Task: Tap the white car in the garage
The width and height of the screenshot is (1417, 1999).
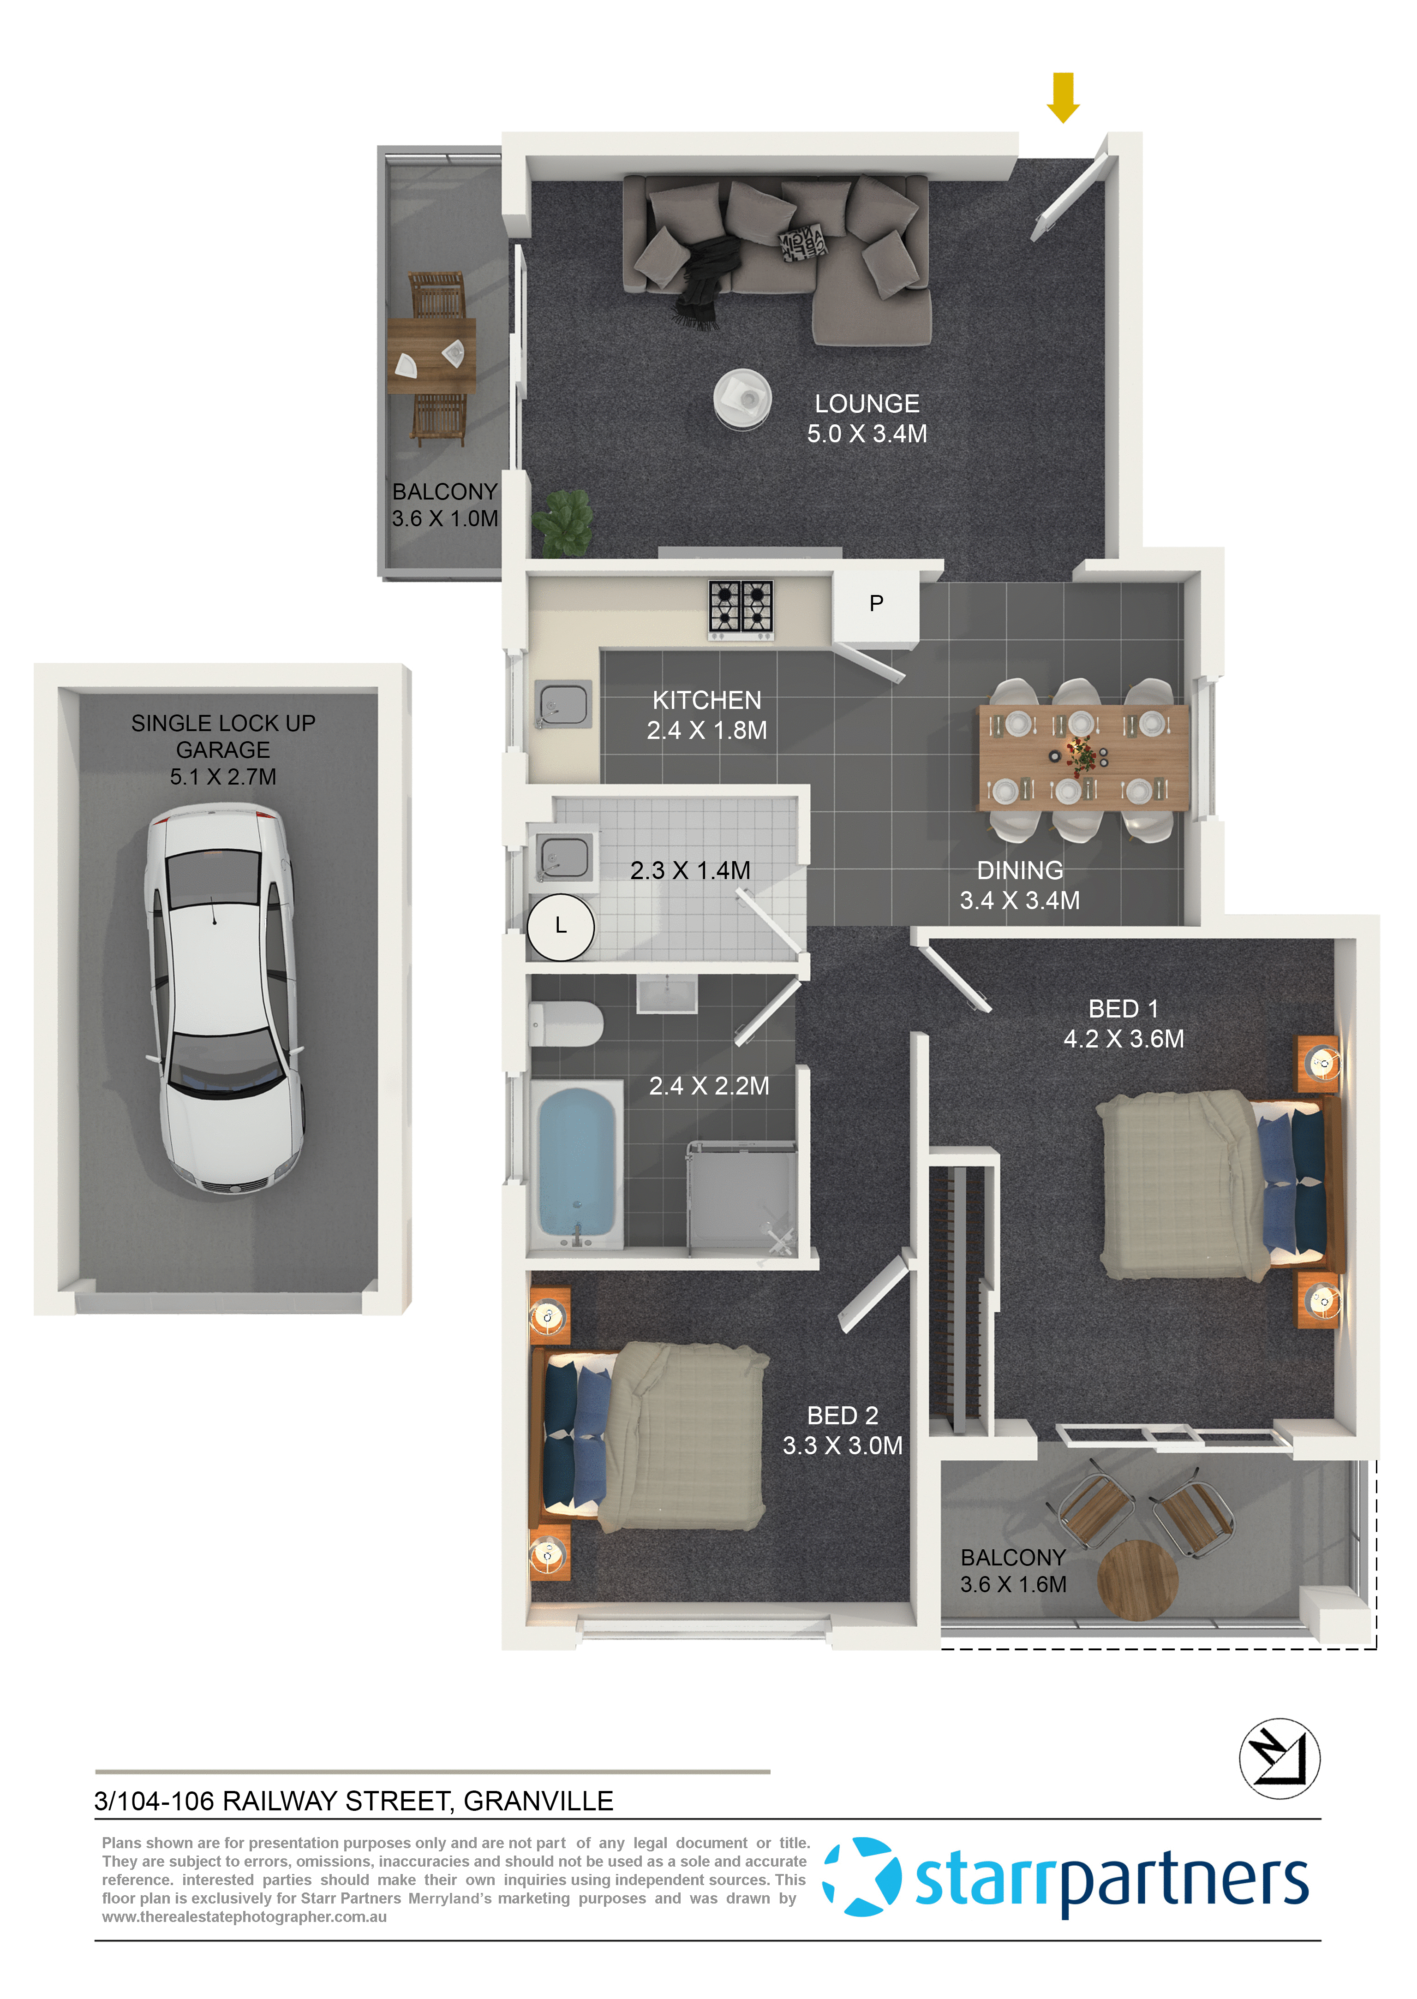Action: [223, 999]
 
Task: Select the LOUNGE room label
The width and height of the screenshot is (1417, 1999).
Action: [867, 404]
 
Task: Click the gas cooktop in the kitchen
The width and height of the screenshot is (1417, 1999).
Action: [741, 606]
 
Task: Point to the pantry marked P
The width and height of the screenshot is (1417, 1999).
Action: [876, 604]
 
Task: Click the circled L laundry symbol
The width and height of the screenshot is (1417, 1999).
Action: [561, 926]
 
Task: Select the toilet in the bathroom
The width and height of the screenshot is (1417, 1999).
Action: [565, 1023]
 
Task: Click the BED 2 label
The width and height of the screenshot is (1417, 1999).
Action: [842, 1416]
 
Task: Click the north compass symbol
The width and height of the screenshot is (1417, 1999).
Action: [1279, 1758]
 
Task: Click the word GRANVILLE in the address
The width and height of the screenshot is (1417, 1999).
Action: [538, 1801]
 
